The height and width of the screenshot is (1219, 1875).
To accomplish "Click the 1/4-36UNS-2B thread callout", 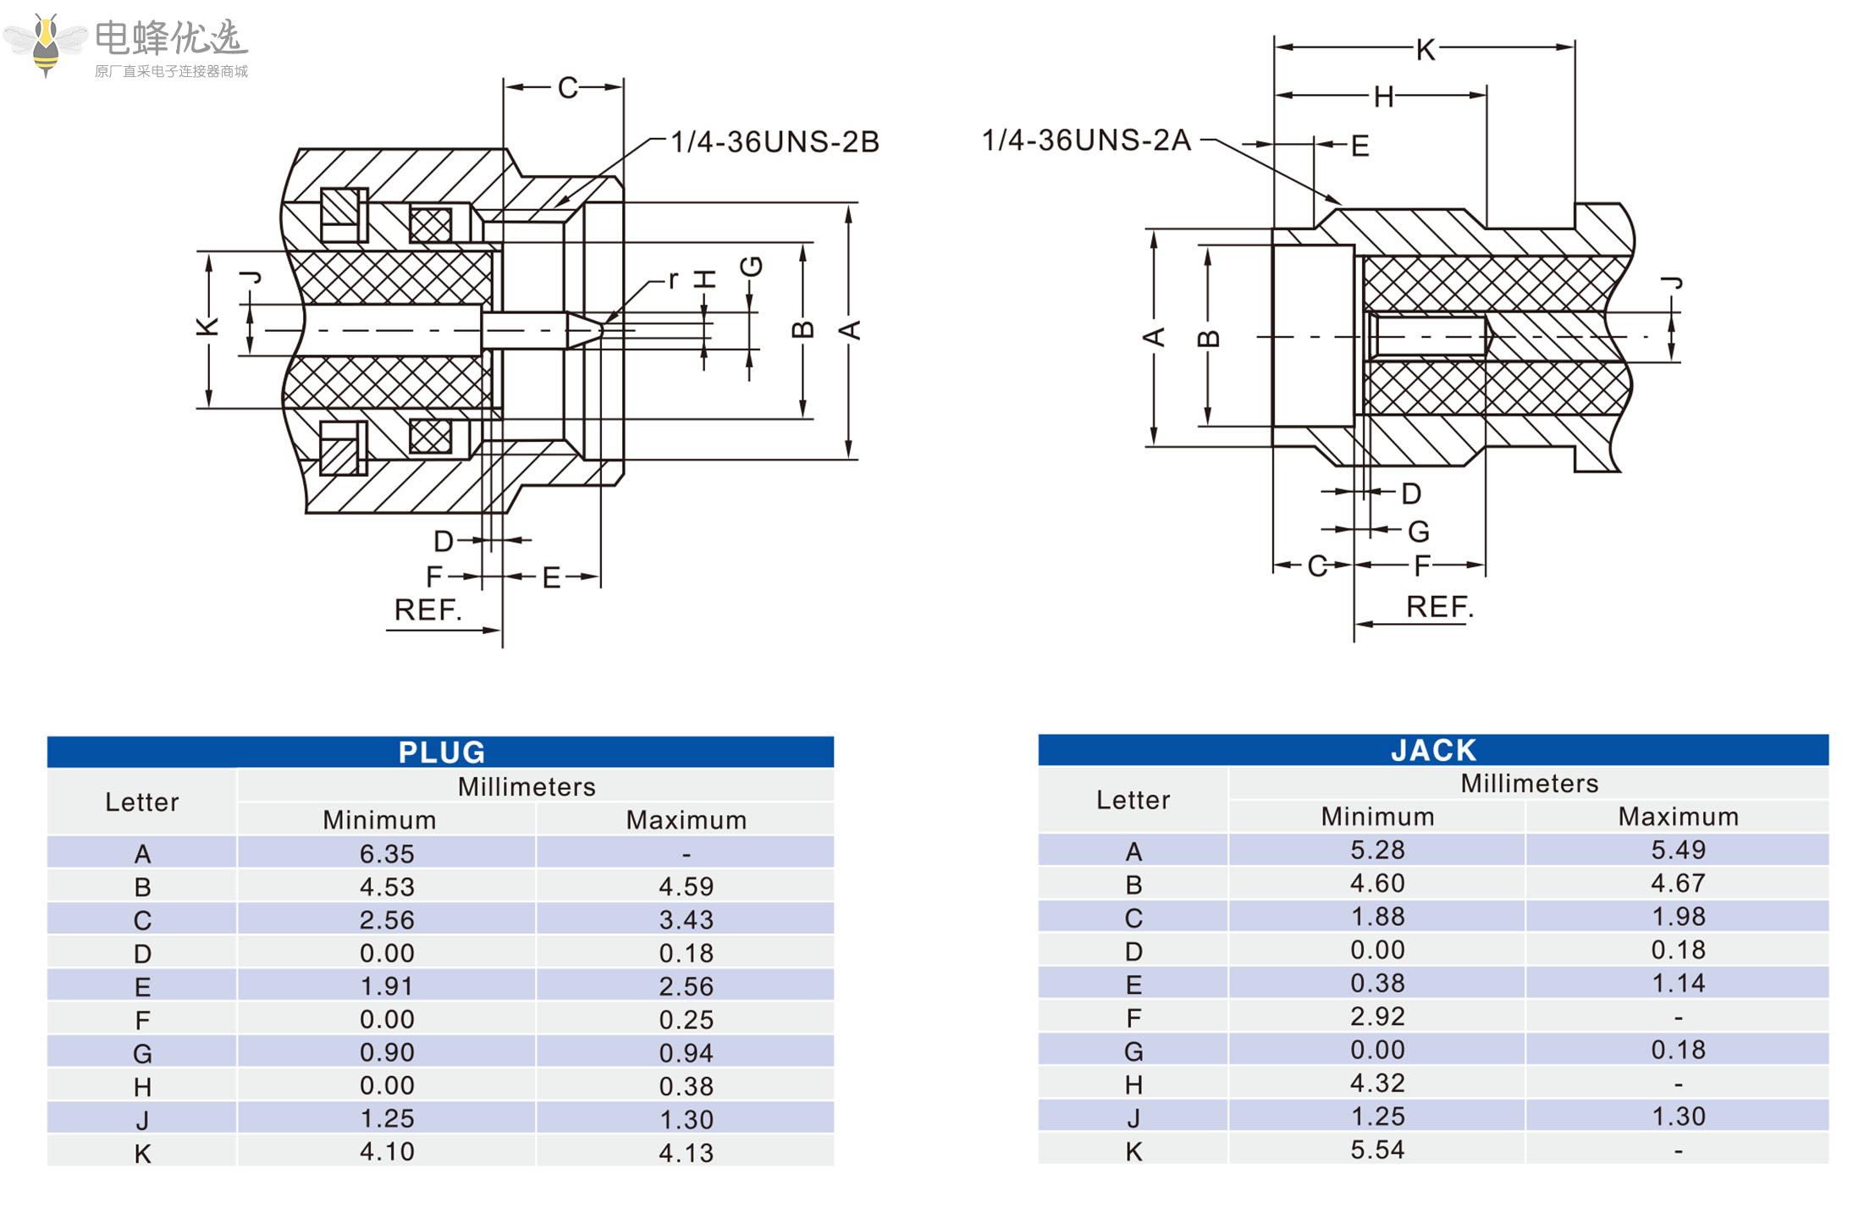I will pos(774,142).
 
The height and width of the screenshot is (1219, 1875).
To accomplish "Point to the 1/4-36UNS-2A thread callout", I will pos(1086,141).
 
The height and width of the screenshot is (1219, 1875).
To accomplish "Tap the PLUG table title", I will pos(441,752).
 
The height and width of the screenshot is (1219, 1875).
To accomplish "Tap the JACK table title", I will pos(1433,750).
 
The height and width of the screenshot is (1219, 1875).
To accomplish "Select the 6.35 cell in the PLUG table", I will pos(387,853).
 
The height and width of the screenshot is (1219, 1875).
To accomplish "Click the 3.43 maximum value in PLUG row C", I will pos(686,919).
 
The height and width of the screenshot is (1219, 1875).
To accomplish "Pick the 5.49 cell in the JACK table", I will pos(1678,850).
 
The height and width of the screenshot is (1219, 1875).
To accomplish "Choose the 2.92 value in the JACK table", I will pos(1377,1016).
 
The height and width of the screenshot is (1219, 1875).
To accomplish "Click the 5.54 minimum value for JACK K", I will pos(1377,1150).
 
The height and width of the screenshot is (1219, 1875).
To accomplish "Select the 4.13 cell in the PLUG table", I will pos(686,1152).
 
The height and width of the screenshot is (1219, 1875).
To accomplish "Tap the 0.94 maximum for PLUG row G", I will pos(686,1052).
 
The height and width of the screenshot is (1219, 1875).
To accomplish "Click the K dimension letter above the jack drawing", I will pos(1426,50).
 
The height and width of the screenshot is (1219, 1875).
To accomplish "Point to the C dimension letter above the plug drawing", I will pos(567,88).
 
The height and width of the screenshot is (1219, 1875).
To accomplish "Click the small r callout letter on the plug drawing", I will pos(673,279).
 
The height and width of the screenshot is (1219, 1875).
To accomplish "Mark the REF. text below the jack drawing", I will pos(1439,607).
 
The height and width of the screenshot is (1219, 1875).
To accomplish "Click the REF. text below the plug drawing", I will pos(427,609).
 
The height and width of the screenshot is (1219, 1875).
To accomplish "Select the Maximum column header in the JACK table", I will pos(1678,816).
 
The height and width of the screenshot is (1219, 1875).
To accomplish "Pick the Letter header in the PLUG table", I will pos(141,802).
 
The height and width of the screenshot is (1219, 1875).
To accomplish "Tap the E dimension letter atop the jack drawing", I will pos(1359,146).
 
